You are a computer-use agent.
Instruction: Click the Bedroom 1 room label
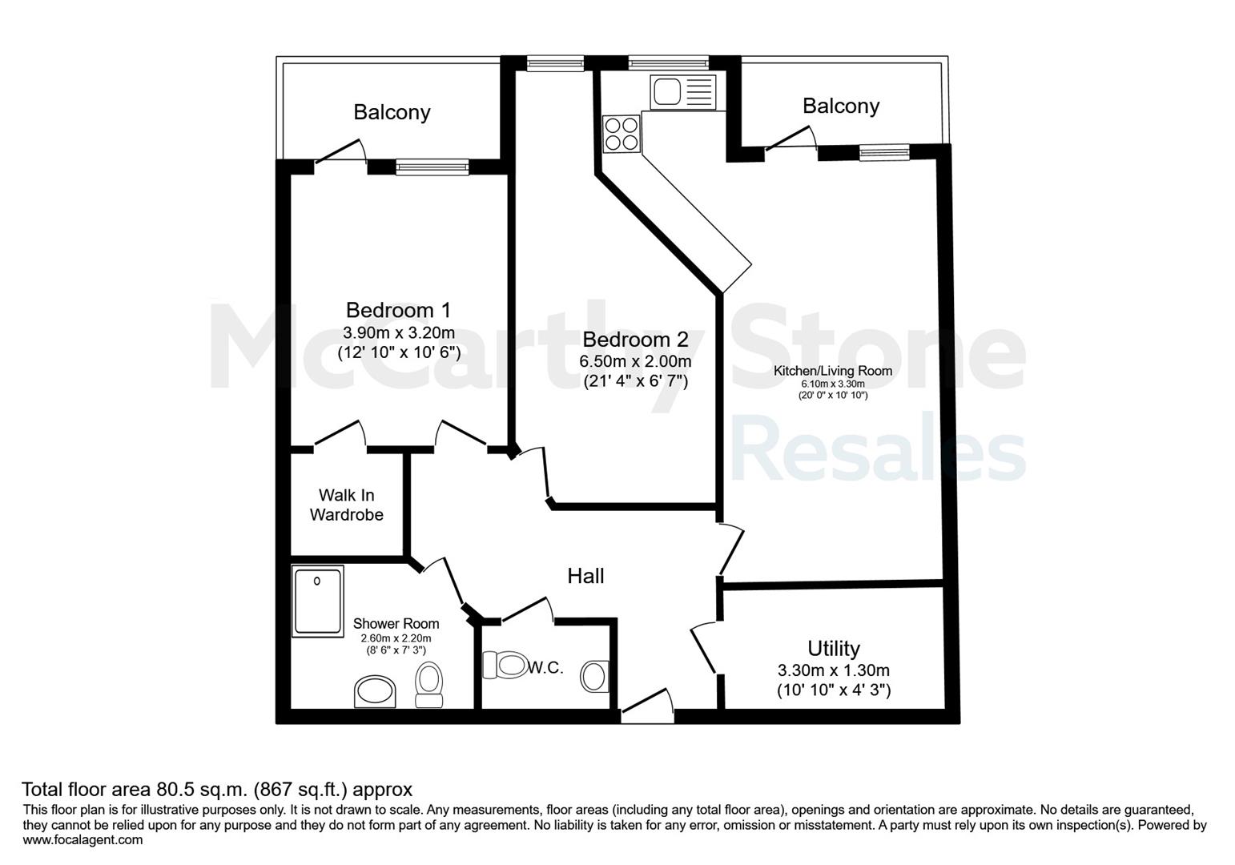tap(398, 310)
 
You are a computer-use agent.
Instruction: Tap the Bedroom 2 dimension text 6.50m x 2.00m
tap(635, 362)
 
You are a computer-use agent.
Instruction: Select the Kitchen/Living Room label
tap(832, 371)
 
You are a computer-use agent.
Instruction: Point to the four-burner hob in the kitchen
tap(622, 134)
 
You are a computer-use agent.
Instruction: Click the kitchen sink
tap(683, 92)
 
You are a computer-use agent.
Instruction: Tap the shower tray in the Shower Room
tap(318, 601)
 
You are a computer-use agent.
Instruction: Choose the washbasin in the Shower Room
tap(375, 691)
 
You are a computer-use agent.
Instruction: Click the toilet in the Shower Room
tap(429, 685)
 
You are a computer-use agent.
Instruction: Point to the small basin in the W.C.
tap(594, 677)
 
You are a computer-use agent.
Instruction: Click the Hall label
tap(585, 576)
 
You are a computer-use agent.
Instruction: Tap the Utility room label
tap(834, 648)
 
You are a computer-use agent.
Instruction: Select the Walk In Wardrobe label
tap(346, 505)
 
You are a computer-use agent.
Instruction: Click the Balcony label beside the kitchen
tap(841, 105)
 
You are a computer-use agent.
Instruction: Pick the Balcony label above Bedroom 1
tap(392, 112)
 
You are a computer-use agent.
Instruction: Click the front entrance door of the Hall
tap(646, 706)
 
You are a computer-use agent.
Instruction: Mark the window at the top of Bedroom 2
tap(555, 63)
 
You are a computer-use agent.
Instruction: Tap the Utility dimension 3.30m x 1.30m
tap(834, 670)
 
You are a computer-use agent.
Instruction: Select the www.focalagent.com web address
tap(82, 839)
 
